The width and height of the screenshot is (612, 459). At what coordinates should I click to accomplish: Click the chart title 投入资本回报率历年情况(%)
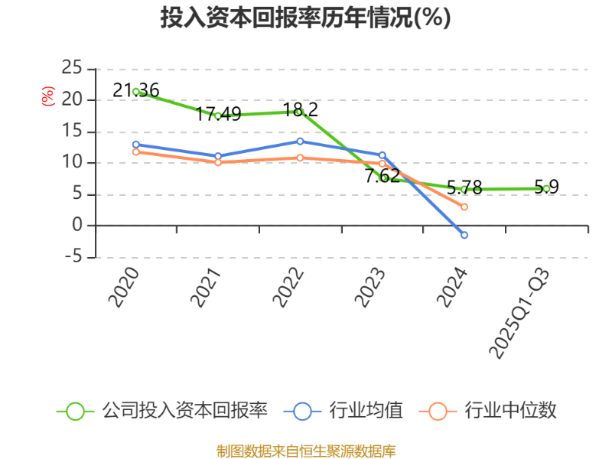(x=305, y=18)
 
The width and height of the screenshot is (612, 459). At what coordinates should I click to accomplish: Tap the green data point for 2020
(x=135, y=92)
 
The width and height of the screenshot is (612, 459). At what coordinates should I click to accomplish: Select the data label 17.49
(x=218, y=115)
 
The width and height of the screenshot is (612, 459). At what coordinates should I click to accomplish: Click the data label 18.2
(x=301, y=109)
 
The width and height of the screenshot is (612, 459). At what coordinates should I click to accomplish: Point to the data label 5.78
(x=464, y=187)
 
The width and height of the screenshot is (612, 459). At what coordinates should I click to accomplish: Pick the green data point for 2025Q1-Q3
(x=546, y=188)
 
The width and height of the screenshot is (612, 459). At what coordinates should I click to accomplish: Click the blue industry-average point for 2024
(x=464, y=235)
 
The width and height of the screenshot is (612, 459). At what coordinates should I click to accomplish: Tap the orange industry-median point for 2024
(x=464, y=207)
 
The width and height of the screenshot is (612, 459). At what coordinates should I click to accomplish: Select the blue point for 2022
(x=300, y=141)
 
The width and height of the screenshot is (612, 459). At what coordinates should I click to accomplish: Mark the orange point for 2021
(x=218, y=162)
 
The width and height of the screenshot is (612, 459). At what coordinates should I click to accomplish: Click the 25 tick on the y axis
(x=72, y=67)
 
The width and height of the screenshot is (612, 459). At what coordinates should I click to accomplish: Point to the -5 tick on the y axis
(x=72, y=257)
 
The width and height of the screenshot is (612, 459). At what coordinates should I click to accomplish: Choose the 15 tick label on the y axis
(x=72, y=131)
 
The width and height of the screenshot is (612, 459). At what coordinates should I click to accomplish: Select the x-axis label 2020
(x=124, y=288)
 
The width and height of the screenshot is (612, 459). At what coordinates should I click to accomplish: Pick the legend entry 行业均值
(x=344, y=411)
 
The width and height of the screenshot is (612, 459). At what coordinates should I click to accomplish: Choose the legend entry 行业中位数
(x=490, y=411)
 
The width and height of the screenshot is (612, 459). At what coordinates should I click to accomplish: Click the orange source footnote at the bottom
(x=306, y=451)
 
